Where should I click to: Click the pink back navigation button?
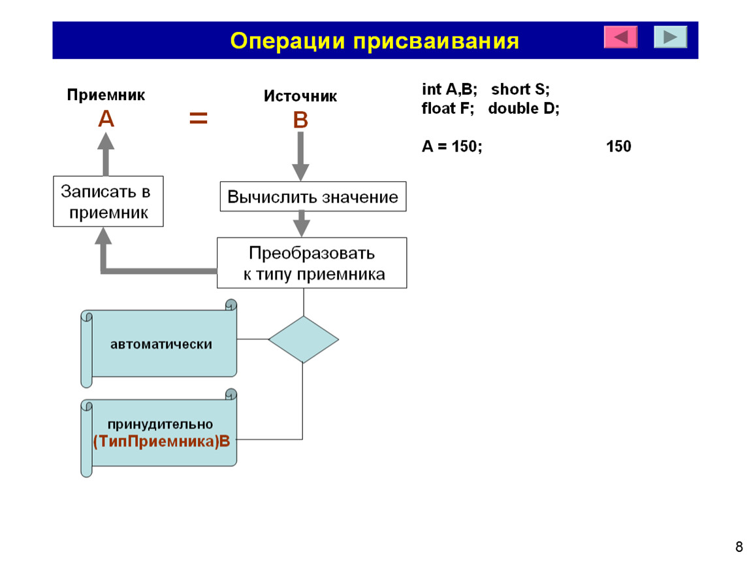coord(621,37)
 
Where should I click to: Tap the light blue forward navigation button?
coord(671,37)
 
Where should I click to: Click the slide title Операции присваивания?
coord(375,41)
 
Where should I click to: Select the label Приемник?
coord(106,95)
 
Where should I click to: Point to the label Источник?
coord(300,96)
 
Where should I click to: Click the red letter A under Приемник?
coord(106,118)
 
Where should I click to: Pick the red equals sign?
coord(199,118)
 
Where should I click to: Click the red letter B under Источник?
coord(300,120)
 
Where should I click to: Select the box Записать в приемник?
coord(108,201)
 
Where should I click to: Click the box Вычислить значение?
coord(313,197)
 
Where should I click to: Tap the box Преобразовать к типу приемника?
coord(312,263)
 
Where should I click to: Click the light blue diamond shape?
coord(304,339)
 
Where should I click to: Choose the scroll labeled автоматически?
coord(159,343)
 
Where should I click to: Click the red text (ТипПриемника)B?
coord(161,441)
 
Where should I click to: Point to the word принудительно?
coord(161,424)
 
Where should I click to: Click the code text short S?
coord(520,89)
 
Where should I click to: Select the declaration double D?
coord(524,109)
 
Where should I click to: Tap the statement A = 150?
coord(452,146)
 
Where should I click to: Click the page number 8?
coord(739,547)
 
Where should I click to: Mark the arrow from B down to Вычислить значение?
coord(300,156)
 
